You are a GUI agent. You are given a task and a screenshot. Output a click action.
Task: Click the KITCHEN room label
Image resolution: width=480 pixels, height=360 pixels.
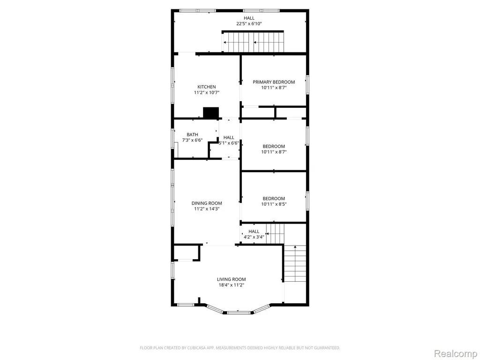click(x=207, y=87)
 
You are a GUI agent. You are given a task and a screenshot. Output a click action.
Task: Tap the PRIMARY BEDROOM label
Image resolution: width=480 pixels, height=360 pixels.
click(x=274, y=82)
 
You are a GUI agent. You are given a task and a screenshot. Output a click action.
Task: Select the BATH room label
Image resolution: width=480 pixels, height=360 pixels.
click(x=192, y=135)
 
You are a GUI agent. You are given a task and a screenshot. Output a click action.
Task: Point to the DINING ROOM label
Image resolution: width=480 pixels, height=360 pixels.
click(x=207, y=203)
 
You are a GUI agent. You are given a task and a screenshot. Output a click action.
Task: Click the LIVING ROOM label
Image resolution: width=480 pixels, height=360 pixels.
click(x=232, y=279)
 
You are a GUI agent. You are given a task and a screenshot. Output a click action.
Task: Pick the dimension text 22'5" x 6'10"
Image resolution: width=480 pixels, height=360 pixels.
click(x=249, y=23)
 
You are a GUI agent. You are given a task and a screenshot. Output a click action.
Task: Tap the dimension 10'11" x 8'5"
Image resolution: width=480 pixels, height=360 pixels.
click(x=274, y=204)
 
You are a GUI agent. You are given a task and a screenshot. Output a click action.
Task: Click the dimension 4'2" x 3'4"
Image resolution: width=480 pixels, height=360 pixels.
click(x=254, y=237)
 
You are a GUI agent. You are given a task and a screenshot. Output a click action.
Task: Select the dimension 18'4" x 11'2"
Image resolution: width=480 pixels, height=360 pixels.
click(x=232, y=285)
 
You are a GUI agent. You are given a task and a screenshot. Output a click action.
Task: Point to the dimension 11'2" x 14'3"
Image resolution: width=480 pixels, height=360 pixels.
click(x=207, y=209)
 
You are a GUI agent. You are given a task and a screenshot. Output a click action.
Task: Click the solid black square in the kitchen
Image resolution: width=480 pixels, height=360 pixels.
click(x=211, y=112)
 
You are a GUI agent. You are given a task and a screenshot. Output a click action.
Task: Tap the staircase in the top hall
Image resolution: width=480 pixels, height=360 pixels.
click(x=253, y=42)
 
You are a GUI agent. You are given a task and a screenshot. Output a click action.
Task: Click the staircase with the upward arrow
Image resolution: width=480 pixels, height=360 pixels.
click(x=295, y=263)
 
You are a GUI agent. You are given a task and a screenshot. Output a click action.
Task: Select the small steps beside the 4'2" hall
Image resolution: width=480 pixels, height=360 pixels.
click(x=275, y=233)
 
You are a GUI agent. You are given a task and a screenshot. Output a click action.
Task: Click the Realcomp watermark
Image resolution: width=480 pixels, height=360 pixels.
click(x=455, y=353)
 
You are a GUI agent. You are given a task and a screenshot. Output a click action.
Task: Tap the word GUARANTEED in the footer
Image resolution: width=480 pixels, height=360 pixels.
click(x=329, y=348)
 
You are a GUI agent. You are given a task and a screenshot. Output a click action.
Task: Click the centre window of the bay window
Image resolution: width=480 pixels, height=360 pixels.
click(x=239, y=313)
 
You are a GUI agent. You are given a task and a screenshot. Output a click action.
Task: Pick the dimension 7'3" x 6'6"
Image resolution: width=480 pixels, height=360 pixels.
click(x=192, y=140)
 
